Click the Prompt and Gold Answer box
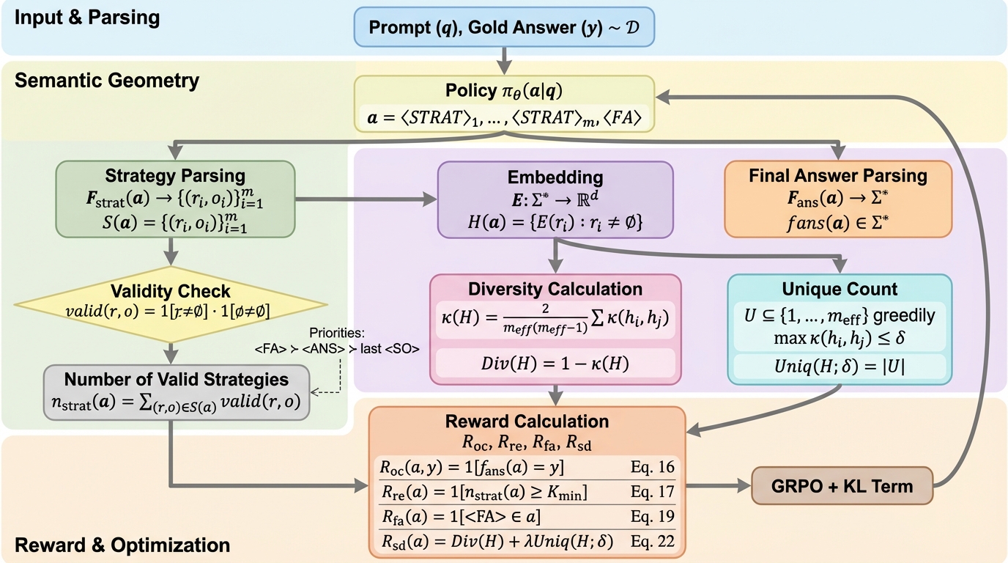click(x=504, y=28)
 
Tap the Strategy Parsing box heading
click(x=175, y=176)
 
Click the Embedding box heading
click(x=555, y=177)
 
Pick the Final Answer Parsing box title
click(x=837, y=176)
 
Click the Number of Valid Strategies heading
click(x=176, y=379)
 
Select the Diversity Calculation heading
click(x=555, y=289)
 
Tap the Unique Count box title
click(x=840, y=289)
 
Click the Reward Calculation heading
click(x=527, y=422)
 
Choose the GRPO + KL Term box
click(x=842, y=485)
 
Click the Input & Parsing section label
click(x=87, y=18)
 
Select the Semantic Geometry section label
click(x=107, y=80)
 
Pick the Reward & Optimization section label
click(x=122, y=545)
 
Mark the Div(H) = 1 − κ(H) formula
click(x=555, y=361)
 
